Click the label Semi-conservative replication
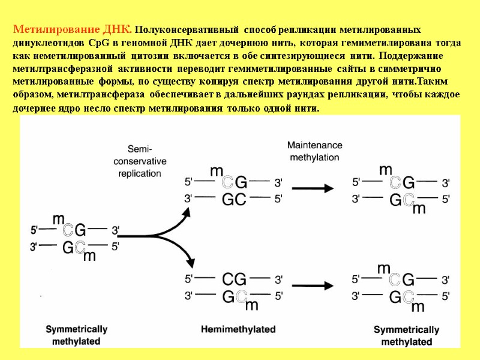coord(139,161)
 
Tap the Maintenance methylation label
coord(314,151)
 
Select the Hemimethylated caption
coord(238,329)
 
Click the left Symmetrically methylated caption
coord(77,335)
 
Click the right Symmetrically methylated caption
coord(406,335)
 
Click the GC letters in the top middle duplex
coord(234,199)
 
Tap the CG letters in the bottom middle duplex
coord(234,278)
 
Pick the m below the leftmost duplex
coord(89,257)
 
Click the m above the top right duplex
coord(386,170)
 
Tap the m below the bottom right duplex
coord(418,307)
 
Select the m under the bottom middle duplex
coord(252,306)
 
